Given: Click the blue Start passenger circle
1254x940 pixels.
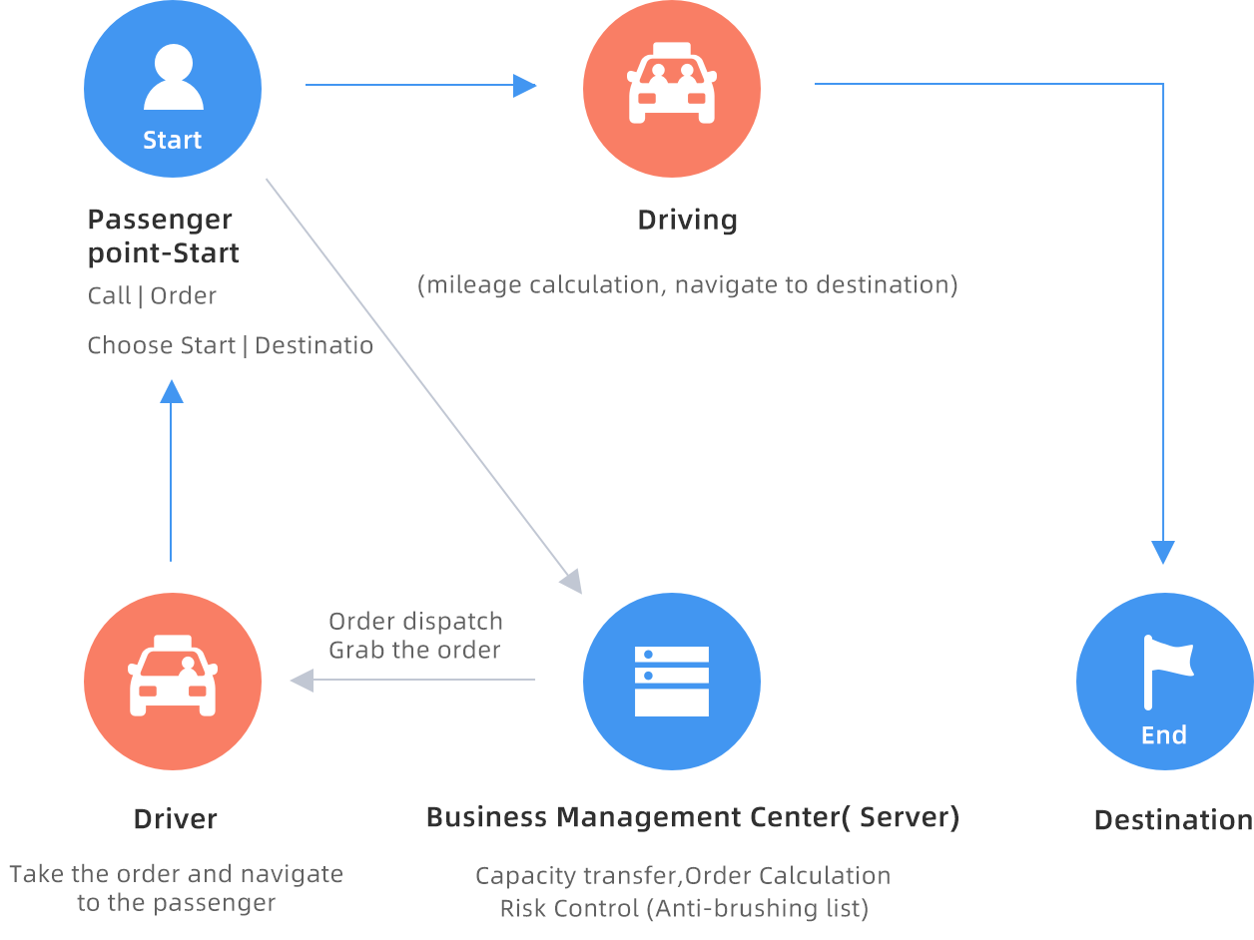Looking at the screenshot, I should pyautogui.click(x=173, y=89).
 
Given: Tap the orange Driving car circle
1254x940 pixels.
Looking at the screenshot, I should pyautogui.click(x=672, y=89).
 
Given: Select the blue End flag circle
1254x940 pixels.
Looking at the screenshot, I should pyautogui.click(x=1164, y=682).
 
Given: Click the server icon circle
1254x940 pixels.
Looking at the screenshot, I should pyautogui.click(x=672, y=682).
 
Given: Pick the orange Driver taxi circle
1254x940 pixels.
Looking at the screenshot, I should pyautogui.click(x=173, y=682).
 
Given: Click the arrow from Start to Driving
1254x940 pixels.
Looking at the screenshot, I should pyautogui.click(x=419, y=86).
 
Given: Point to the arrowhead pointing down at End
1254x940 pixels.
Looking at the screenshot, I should pyautogui.click(x=1163, y=552).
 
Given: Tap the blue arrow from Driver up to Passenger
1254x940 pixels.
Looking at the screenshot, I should pyautogui.click(x=172, y=469).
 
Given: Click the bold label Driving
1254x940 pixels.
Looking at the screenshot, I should pyautogui.click(x=687, y=220).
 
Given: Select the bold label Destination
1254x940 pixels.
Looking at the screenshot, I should pyautogui.click(x=1173, y=820).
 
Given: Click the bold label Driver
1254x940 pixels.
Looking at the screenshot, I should pyautogui.click(x=176, y=819).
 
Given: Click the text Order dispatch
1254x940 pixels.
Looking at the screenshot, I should pyautogui.click(x=415, y=621).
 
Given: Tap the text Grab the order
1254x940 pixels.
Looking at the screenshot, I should pyautogui.click(x=414, y=651).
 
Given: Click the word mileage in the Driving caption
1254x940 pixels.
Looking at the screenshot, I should pyautogui.click(x=472, y=285).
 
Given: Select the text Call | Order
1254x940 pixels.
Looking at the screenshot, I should pyautogui.click(x=152, y=296).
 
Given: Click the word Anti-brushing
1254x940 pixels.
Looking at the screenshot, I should pyautogui.click(x=717, y=909).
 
